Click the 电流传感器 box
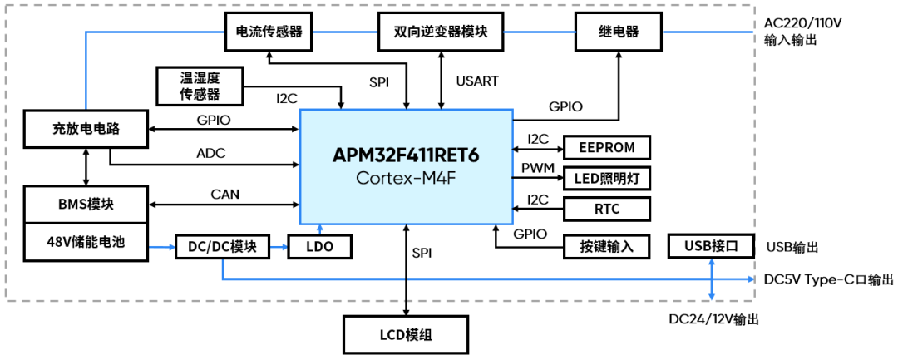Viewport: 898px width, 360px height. click(x=268, y=33)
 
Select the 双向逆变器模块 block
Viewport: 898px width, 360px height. click(x=441, y=33)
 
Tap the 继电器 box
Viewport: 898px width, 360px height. click(x=618, y=33)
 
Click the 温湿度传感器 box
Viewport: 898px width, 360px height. click(x=200, y=86)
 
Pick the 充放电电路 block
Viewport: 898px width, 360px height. click(x=86, y=128)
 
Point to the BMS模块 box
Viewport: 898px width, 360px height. click(x=86, y=205)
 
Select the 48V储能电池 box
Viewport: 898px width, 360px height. click(x=86, y=240)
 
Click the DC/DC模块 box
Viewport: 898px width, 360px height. click(x=222, y=247)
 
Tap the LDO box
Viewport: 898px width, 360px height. click(x=319, y=247)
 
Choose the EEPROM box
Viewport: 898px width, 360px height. click(x=607, y=148)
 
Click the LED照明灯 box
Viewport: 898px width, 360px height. click(x=607, y=177)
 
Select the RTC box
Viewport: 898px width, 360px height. click(x=607, y=208)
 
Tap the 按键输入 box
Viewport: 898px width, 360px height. click(x=607, y=247)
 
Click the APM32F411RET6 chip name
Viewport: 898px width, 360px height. click(x=406, y=155)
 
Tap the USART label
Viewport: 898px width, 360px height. click(x=477, y=81)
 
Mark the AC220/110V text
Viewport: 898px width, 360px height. click(x=802, y=23)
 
